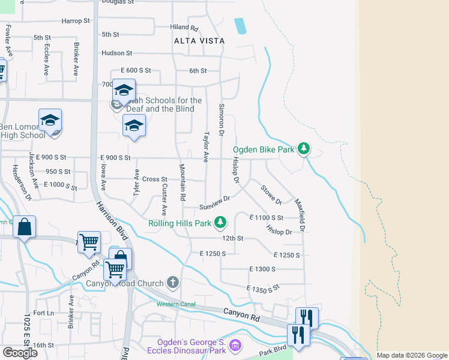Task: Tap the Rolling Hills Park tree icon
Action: tap(221, 223)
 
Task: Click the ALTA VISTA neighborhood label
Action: tap(199, 41)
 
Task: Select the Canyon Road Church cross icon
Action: tap(173, 283)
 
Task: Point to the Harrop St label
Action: tap(76, 20)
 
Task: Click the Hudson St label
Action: tap(116, 53)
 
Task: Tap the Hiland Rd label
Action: tap(184, 28)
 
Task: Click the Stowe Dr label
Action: tap(271, 194)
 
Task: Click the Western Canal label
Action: tap(176, 305)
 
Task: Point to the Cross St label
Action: tap(154, 179)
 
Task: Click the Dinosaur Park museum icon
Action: tap(235, 346)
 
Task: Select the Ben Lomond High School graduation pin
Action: tap(50, 121)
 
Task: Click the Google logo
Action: tap(20, 353)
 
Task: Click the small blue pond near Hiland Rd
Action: tap(240, 26)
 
